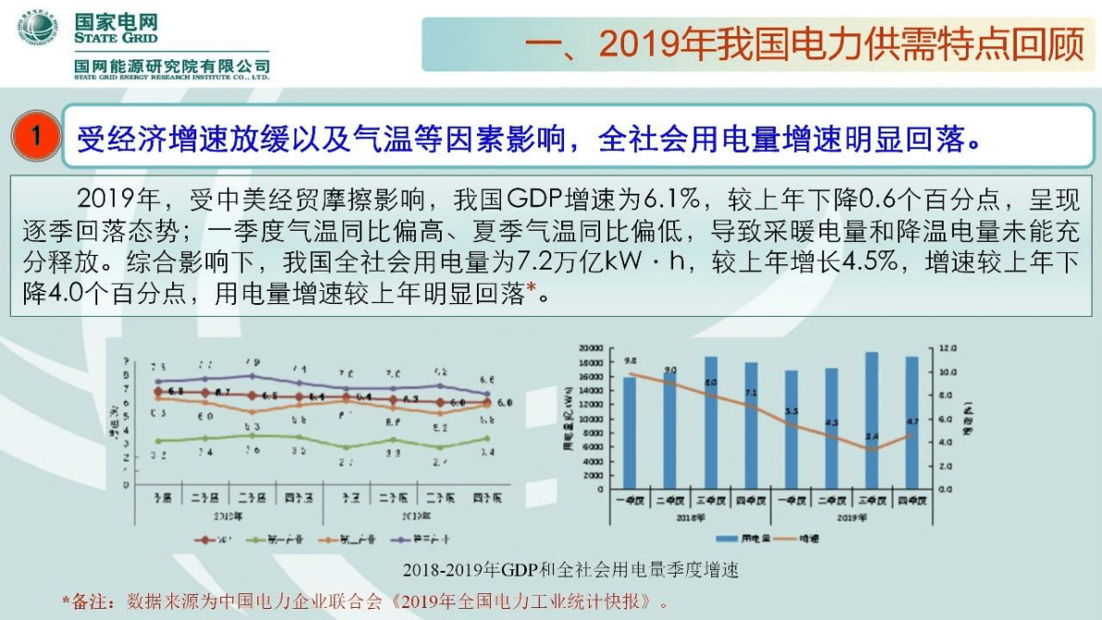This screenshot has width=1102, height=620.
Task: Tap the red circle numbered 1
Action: click(x=36, y=136)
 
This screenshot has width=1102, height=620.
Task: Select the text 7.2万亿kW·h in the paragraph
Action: click(x=629, y=262)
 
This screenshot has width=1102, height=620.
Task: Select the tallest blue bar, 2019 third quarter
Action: click(x=870, y=420)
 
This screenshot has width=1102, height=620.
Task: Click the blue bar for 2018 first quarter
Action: click(x=630, y=432)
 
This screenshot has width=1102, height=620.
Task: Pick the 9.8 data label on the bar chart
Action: click(x=631, y=360)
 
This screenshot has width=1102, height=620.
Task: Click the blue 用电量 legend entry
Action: click(x=736, y=538)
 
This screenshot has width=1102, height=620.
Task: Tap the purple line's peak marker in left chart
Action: click(x=252, y=375)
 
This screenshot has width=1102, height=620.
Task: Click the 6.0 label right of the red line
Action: click(x=505, y=403)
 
